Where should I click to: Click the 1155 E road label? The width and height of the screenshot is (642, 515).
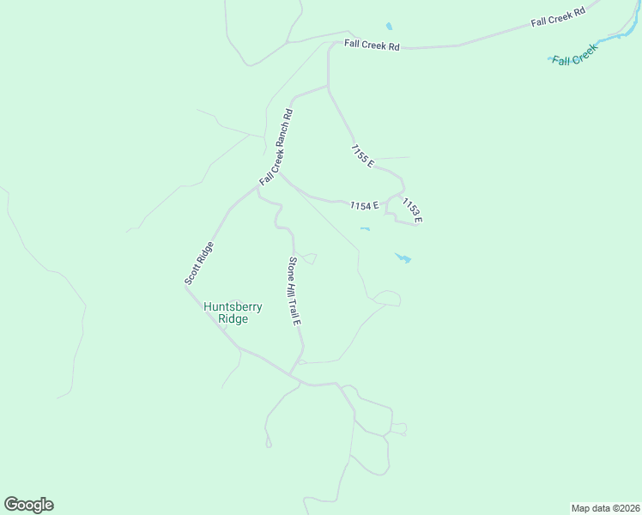[362, 155]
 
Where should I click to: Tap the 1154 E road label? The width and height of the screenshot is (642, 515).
[364, 206]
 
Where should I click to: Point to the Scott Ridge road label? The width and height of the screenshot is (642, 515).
[198, 264]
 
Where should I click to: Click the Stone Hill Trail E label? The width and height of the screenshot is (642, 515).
[294, 291]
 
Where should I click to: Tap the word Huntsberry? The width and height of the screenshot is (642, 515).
[233, 306]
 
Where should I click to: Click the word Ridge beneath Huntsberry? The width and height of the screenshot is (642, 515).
[233, 319]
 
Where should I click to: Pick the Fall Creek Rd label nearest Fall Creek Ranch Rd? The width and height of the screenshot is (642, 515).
[372, 44]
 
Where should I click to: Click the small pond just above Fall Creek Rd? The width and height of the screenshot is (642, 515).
[389, 27]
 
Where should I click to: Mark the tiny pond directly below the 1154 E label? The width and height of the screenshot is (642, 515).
[365, 228]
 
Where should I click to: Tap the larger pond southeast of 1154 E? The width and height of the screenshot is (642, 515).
[403, 257]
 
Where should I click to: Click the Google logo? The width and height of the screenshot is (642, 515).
[28, 505]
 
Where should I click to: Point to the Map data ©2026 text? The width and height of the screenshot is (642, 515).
[605, 507]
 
